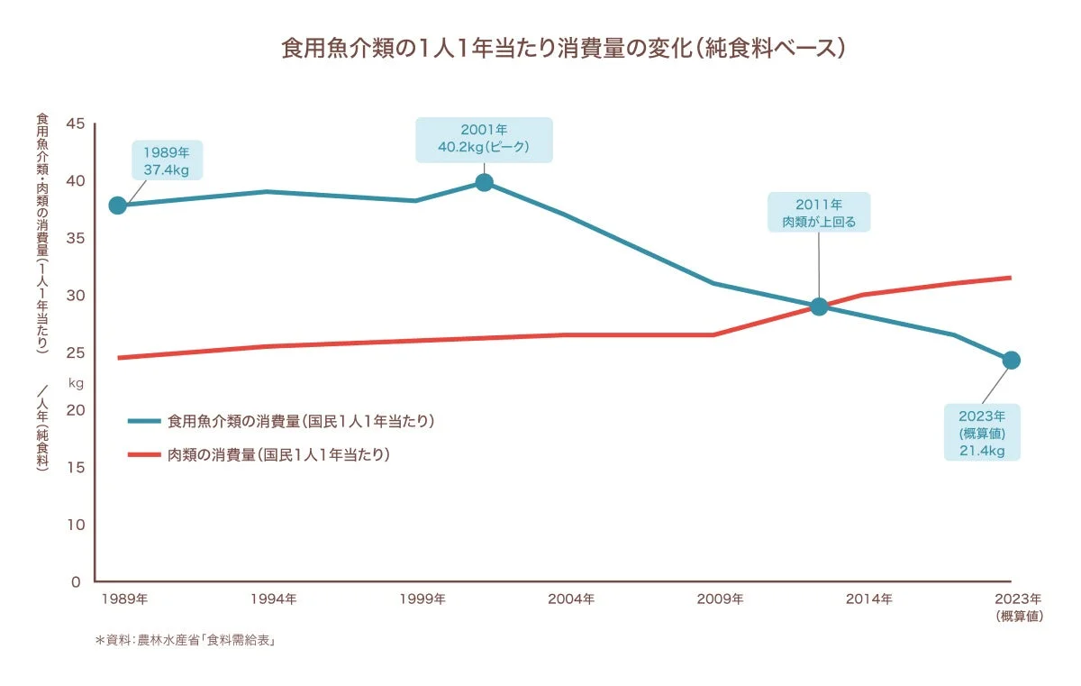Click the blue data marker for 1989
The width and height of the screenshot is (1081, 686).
pyautogui.click(x=117, y=206)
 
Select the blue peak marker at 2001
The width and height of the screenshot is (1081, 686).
pyautogui.click(x=484, y=183)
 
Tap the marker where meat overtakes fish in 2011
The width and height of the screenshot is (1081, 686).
pyautogui.click(x=818, y=306)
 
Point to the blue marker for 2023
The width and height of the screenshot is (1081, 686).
pyautogui.click(x=1011, y=361)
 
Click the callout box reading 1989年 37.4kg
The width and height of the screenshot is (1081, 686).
pyautogui.click(x=166, y=160)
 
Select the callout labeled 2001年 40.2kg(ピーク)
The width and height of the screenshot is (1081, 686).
pyautogui.click(x=483, y=139)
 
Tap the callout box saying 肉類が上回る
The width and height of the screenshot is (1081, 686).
pyautogui.click(x=818, y=213)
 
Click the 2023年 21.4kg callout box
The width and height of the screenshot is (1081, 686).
pyautogui.click(x=982, y=433)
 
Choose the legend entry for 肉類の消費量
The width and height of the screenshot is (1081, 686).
pyautogui.click(x=278, y=454)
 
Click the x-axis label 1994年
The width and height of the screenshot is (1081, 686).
pyautogui.click(x=274, y=599)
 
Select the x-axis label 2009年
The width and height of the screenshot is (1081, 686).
pyautogui.click(x=721, y=599)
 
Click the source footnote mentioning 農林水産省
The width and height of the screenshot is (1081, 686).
pyautogui.click(x=185, y=641)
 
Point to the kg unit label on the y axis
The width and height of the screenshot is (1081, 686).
pyautogui.click(x=76, y=383)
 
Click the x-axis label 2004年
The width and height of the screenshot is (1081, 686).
pyautogui.click(x=571, y=599)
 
